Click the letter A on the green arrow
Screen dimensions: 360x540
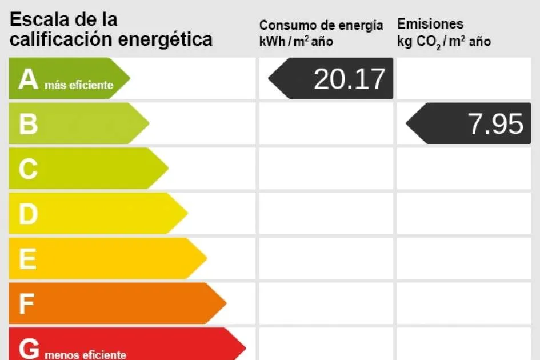point(28,79)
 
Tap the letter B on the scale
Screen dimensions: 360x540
point(28,124)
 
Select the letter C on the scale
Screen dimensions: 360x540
point(28,169)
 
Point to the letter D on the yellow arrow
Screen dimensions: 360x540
point(28,214)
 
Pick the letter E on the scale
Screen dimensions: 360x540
point(27,259)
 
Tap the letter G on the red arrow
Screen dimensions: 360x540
point(29,348)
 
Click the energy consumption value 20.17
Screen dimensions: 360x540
point(350,79)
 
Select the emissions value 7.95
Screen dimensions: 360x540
point(495,124)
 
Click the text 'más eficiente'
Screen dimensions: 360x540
point(78,86)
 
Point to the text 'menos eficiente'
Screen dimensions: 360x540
point(85,355)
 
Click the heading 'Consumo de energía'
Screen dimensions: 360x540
point(321,25)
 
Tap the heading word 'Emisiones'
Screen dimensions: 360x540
point(430,24)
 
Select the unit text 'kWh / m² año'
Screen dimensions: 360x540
point(296,41)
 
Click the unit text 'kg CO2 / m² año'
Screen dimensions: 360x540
point(444,42)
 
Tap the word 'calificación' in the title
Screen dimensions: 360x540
point(61,39)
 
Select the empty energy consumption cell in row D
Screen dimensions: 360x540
point(326,214)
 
